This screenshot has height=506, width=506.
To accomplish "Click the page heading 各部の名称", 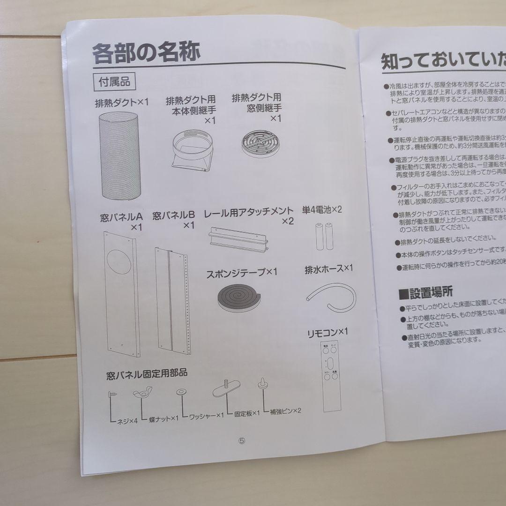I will [146, 52].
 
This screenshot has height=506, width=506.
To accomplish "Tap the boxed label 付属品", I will [114, 82].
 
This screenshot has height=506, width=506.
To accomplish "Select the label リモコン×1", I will [327, 333].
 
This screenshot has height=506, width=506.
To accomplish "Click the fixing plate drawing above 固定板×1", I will [226, 389].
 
